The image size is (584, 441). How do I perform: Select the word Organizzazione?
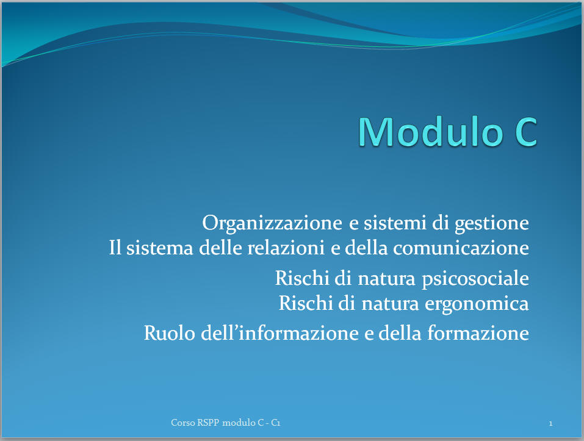[x=272, y=223]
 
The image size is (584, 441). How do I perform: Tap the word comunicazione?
[x=461, y=248]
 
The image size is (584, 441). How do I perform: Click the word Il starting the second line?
[x=115, y=248]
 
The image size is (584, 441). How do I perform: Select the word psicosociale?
[x=475, y=279]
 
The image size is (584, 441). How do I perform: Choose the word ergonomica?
[x=477, y=304]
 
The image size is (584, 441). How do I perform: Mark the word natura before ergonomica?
[x=390, y=304]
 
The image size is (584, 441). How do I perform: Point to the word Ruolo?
[x=169, y=332]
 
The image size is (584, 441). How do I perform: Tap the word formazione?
[x=478, y=332]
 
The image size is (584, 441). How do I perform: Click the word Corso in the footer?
[x=183, y=423]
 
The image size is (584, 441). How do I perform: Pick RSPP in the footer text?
[x=209, y=423]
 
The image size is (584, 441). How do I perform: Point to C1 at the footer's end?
[x=276, y=423]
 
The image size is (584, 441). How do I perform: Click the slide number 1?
[x=550, y=423]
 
